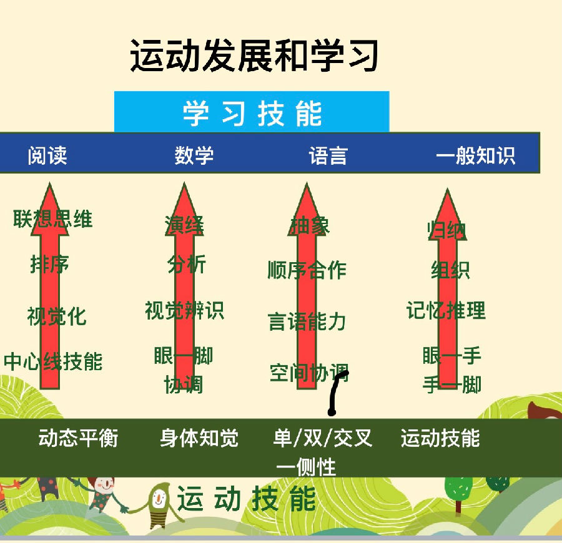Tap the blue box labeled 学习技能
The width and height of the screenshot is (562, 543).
pyautogui.click(x=252, y=112)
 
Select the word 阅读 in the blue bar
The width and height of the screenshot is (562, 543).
pyautogui.click(x=47, y=155)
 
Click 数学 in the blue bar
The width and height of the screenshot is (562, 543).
pyautogui.click(x=194, y=155)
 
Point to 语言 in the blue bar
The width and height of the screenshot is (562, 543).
pyautogui.click(x=328, y=155)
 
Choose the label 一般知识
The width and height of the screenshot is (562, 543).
pyautogui.click(x=476, y=155)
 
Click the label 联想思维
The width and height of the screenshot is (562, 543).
pyautogui.click(x=53, y=219)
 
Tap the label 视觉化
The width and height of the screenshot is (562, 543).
pyautogui.click(x=57, y=316)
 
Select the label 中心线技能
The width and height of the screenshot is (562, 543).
pyautogui.click(x=53, y=362)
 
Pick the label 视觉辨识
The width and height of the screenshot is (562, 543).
pyautogui.click(x=184, y=310)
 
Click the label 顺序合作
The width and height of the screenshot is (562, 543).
pyautogui.click(x=307, y=270)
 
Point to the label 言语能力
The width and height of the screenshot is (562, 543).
pyautogui.click(x=307, y=322)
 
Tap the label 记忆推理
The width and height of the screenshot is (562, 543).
pyautogui.click(x=446, y=310)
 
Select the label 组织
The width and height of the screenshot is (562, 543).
pyautogui.click(x=450, y=270)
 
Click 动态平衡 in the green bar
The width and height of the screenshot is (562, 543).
pyautogui.click(x=79, y=438)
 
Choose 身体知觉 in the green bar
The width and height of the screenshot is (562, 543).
pyautogui.click(x=199, y=438)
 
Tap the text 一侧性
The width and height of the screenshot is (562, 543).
pyautogui.click(x=306, y=467)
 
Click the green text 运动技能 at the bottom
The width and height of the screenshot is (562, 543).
pyautogui.click(x=247, y=500)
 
